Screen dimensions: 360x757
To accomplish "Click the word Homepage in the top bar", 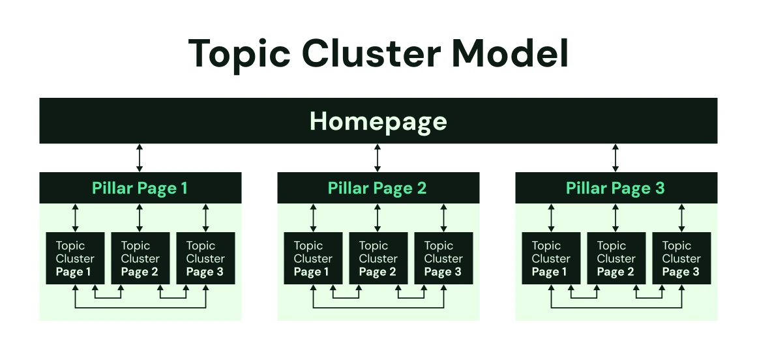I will coord(378,121).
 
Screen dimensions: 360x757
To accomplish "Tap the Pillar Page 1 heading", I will coord(140,188).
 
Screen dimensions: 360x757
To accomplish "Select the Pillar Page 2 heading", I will coord(378,188).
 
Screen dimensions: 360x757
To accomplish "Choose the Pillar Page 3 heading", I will coord(616,188).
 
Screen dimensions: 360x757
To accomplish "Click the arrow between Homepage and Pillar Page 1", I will coord(140,158).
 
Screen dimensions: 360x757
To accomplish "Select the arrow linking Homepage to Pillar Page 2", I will coord(378,158).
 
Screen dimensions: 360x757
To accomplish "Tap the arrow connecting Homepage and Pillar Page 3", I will coord(616,158).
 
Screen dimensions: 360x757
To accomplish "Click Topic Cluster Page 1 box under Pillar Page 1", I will coord(75,258).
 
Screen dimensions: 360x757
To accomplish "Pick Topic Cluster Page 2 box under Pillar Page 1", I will coord(140,258).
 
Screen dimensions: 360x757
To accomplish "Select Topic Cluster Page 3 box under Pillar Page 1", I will coord(205,258).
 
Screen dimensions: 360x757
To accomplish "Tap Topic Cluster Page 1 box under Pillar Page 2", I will coord(313,258).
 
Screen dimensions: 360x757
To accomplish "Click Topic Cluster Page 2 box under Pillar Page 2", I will coord(378,258).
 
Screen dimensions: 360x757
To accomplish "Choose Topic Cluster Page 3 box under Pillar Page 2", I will coord(443,258).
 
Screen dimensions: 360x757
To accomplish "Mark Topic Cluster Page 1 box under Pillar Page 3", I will coord(551,258).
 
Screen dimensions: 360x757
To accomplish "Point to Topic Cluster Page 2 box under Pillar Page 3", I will coord(616,258).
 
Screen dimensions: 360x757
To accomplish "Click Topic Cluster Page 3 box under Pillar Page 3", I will coord(681,258).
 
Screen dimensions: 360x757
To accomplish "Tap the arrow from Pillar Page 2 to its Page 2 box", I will coord(378,218).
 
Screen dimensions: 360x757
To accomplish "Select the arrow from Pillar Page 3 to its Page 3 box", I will coord(681,218).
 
